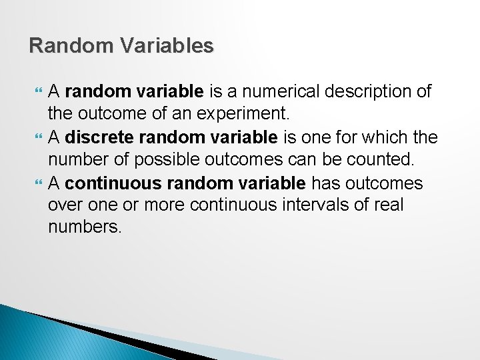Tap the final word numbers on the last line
coord(85,228)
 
